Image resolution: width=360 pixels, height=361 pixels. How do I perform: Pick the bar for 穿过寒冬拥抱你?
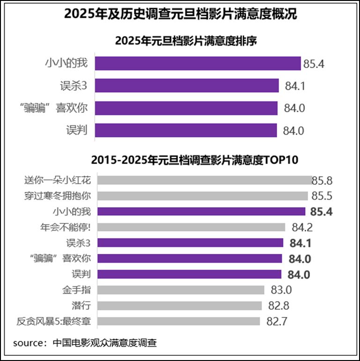(x=202, y=196)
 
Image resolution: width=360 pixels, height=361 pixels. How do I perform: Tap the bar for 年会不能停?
(x=190, y=227)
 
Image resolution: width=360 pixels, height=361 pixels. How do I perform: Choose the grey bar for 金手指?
(x=180, y=290)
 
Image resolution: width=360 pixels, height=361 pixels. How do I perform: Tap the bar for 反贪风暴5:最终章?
(x=177, y=321)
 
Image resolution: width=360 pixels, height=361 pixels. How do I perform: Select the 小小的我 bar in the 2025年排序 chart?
(x=198, y=64)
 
